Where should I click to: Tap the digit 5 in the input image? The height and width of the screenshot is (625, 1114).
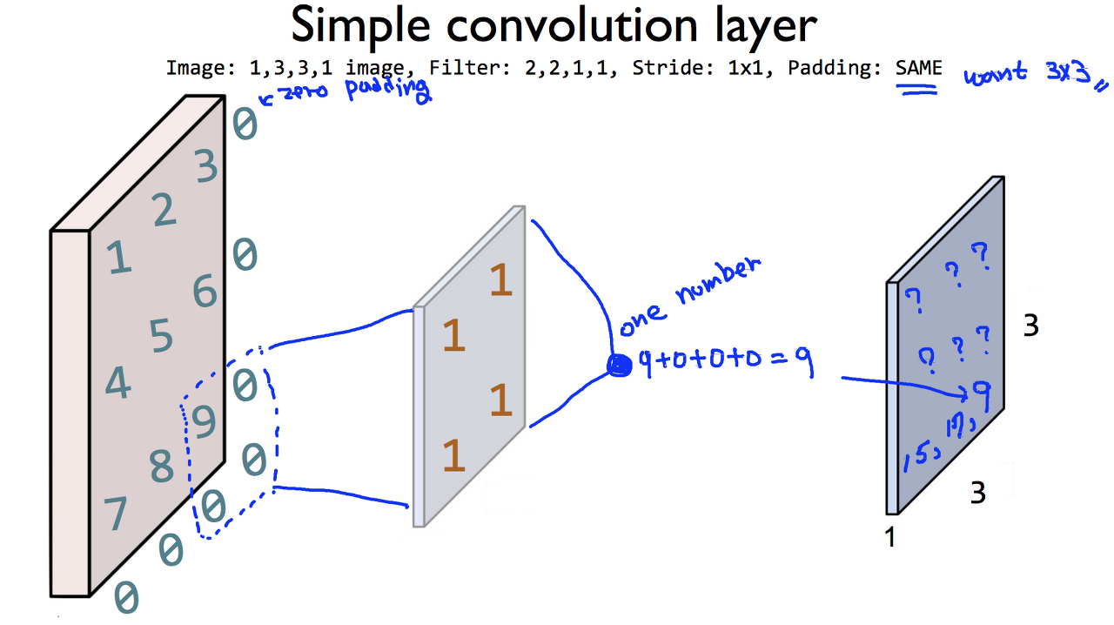(x=162, y=336)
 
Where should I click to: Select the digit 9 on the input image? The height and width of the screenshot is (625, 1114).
(x=203, y=423)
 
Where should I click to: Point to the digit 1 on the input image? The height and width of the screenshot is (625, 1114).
(x=118, y=258)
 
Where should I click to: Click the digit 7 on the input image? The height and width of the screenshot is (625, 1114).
(x=116, y=515)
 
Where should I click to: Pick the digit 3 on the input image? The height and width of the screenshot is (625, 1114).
(x=206, y=166)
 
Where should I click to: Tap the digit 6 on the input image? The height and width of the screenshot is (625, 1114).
(x=205, y=292)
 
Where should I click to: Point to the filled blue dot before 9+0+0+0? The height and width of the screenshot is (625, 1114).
(x=620, y=366)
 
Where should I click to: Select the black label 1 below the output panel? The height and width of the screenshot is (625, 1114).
(x=889, y=538)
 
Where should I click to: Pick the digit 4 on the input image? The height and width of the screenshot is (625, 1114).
(x=117, y=383)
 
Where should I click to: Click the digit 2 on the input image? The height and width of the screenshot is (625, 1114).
(x=164, y=211)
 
